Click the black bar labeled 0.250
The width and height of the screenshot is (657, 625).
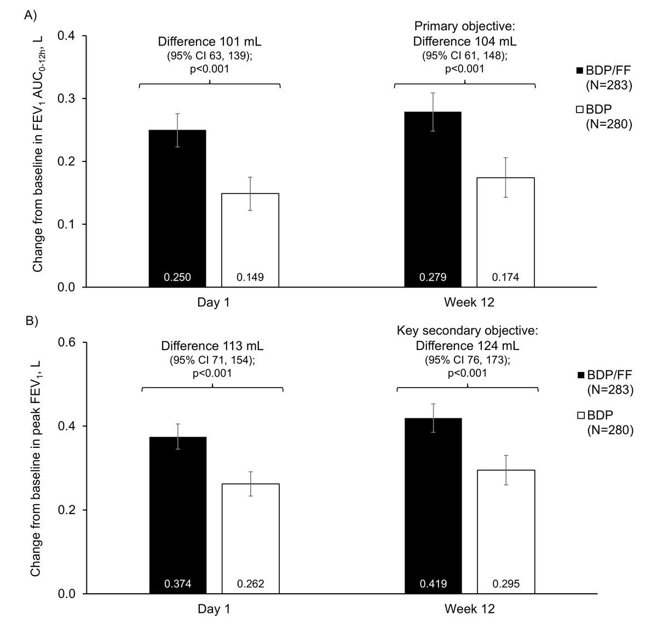tap(177, 208)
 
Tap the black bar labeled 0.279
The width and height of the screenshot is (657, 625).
tap(433, 199)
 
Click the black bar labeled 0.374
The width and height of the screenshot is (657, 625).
tap(177, 515)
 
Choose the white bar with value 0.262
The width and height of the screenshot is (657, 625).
tap(250, 538)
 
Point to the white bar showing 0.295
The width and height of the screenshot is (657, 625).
tap(505, 531)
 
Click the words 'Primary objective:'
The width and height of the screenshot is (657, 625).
tap(465, 27)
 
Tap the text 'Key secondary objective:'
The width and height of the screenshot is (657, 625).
tap(467, 333)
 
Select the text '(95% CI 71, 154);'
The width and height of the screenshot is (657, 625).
tap(212, 360)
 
